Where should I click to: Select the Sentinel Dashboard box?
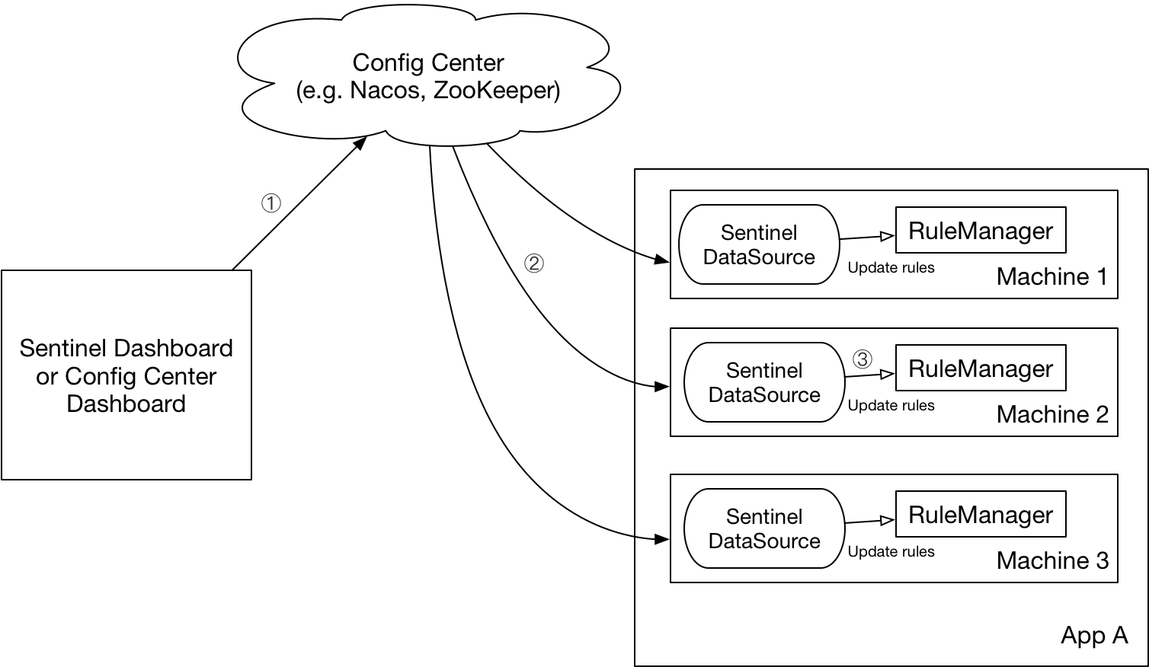tap(126, 375)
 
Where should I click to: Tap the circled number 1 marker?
tap(271, 203)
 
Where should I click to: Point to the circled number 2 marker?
tap(533, 263)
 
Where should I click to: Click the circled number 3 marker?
tap(862, 358)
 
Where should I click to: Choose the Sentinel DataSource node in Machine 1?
tap(759, 244)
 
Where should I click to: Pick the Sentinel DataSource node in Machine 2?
tap(764, 382)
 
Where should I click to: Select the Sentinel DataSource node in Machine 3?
tap(764, 528)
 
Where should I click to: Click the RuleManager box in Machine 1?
tap(981, 231)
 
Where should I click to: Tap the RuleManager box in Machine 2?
tap(981, 369)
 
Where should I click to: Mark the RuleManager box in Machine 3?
tap(981, 515)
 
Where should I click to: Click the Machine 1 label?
tap(1051, 276)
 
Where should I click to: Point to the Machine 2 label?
tap(1051, 414)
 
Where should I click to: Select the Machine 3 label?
tap(1051, 560)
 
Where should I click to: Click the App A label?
tap(1093, 635)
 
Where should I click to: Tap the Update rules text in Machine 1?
tap(891, 268)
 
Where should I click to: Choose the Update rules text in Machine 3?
tap(891, 552)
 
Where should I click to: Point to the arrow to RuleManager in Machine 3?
tap(869, 522)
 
